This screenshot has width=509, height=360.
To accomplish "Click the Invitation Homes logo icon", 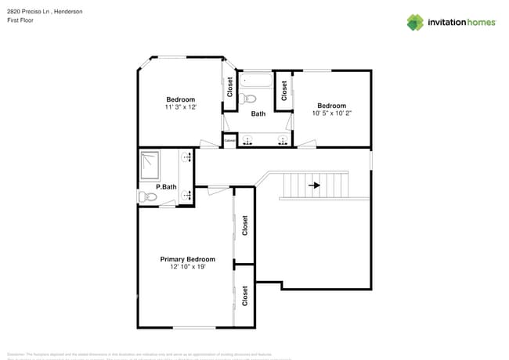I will click(415, 22).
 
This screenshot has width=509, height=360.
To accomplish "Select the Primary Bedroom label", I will click(187, 259).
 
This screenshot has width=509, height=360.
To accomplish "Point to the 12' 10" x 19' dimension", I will click(187, 268).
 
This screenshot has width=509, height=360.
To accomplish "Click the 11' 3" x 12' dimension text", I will click(180, 107).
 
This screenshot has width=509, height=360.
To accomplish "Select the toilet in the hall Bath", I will click(248, 98).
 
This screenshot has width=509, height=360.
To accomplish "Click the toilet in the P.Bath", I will click(146, 196).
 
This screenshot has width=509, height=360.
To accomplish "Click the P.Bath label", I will click(165, 187).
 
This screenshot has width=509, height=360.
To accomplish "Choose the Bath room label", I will click(258, 114).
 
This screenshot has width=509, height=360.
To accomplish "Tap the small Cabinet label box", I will click(229, 140).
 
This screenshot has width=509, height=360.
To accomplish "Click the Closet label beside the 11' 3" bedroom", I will click(230, 87).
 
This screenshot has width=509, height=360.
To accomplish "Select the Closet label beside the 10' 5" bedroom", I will click(283, 90).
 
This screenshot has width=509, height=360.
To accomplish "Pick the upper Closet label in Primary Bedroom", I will click(245, 226).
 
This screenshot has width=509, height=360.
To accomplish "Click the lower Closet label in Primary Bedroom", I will click(245, 296).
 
